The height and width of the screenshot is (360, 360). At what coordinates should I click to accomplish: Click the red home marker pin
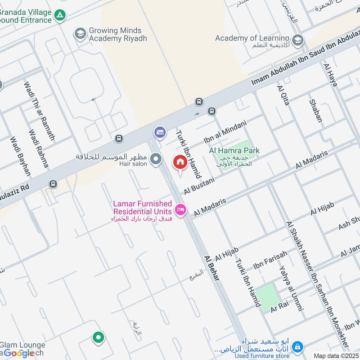(180, 162)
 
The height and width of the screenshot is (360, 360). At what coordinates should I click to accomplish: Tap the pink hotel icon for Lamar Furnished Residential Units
(180, 210)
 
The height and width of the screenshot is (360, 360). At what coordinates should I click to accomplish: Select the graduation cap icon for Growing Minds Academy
(80, 34)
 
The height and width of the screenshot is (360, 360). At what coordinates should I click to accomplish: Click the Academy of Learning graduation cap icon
(297, 40)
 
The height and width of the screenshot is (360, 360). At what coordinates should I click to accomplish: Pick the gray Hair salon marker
(156, 159)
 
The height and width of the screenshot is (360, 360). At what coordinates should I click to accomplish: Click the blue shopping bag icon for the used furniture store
(297, 347)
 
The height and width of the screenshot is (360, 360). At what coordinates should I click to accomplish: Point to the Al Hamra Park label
(234, 151)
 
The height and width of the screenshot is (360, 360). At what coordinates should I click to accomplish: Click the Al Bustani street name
(199, 185)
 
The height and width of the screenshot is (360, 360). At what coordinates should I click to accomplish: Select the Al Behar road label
(211, 268)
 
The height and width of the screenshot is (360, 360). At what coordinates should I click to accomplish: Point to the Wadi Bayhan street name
(20, 155)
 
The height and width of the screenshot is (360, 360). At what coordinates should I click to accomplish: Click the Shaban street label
(316, 111)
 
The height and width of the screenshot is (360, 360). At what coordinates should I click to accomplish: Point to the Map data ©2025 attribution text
(336, 355)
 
